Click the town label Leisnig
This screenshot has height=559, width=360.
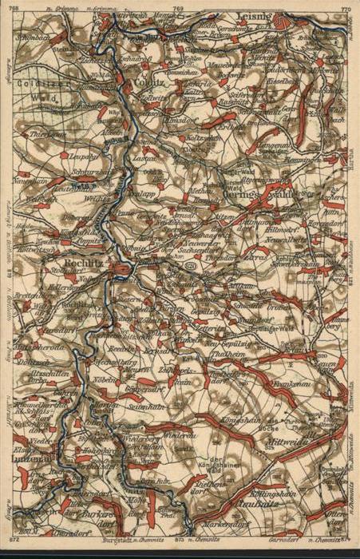(x=257, y=15)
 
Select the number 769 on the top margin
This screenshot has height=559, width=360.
(x=177, y=8)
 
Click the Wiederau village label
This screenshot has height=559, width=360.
(x=182, y=434)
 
